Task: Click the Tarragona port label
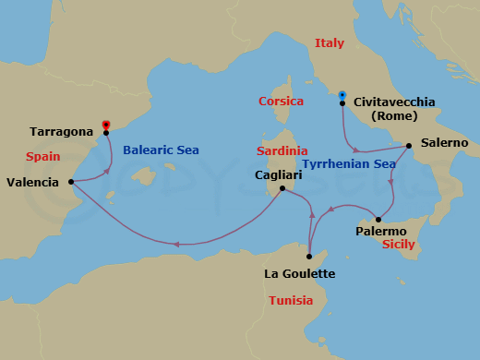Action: tap(61, 132)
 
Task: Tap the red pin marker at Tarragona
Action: tap(106, 126)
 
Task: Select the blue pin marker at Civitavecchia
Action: tap(342, 95)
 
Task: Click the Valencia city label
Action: tap(33, 182)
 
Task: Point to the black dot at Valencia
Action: tap(72, 182)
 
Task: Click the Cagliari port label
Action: tap(276, 174)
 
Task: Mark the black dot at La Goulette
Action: tap(309, 257)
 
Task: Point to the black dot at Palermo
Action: tap(378, 219)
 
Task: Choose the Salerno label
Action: tap(445, 144)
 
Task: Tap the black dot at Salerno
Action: tap(409, 145)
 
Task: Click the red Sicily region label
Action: tap(399, 245)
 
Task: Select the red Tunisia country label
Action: tap(291, 301)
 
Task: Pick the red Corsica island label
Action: tap(281, 101)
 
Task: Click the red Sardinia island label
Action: tap(282, 150)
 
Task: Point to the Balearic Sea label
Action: tap(162, 150)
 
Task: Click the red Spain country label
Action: tap(43, 157)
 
